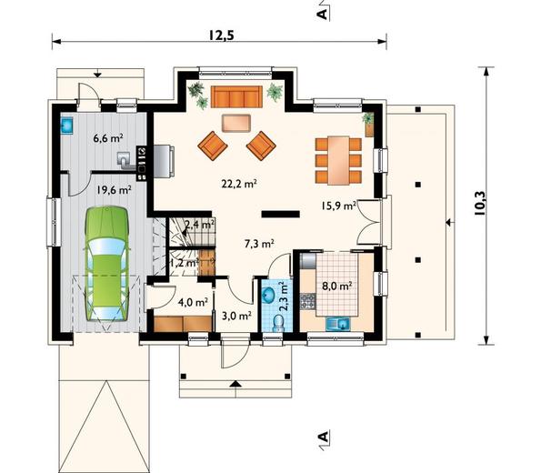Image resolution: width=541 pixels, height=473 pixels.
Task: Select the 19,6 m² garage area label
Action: [114, 190]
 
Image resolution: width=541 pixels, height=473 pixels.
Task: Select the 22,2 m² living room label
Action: [239, 182]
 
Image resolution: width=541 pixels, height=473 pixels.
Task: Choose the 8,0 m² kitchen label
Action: [337, 284]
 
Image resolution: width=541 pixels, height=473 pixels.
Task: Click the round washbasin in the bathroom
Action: [269, 296]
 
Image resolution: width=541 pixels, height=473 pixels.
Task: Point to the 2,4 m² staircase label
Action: [199, 223]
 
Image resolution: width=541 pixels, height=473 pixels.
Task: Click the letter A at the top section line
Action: [322, 14]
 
